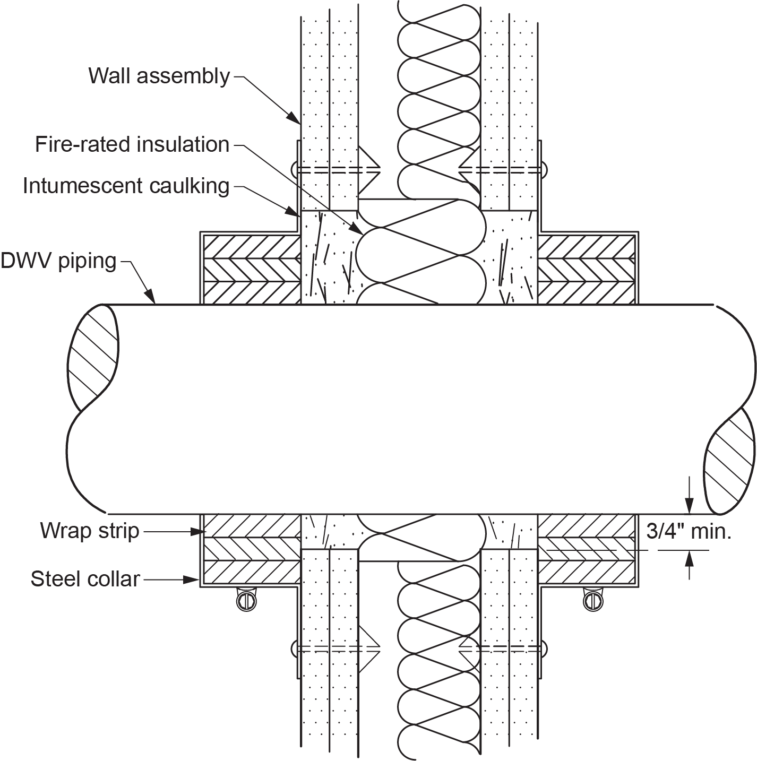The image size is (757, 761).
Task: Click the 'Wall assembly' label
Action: coord(159,76)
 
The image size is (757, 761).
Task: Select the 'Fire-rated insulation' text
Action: coord(132,144)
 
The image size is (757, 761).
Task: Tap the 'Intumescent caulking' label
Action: coord(126,186)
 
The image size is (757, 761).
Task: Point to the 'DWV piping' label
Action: coord(58,261)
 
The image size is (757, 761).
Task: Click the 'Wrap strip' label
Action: coord(90,531)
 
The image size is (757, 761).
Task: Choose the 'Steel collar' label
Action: coord(85,579)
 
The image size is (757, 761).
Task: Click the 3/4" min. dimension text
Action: coord(689,531)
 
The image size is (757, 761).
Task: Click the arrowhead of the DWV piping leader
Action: coord(150,297)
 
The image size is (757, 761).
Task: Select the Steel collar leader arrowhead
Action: coord(192,580)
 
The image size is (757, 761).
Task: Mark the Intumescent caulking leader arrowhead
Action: coord(293,212)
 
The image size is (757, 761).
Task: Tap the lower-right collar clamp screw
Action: coord(593,601)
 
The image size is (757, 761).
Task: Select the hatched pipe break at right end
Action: coord(729,461)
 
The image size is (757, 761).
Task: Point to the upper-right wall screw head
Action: coord(545,170)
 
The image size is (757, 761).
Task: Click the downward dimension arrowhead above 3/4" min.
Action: coord(689,506)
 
